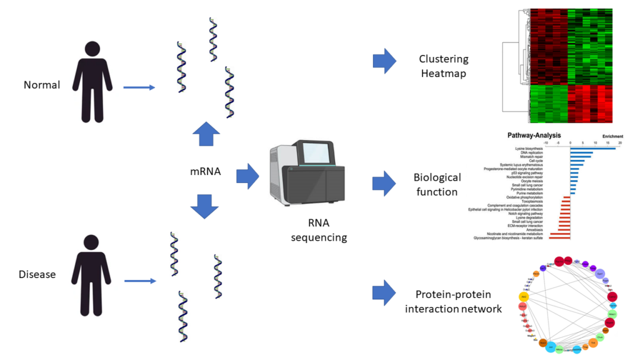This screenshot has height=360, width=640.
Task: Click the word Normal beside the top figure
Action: [42, 84]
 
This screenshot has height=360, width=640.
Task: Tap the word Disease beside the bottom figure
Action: [37, 274]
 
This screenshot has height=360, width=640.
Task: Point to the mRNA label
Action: [206, 171]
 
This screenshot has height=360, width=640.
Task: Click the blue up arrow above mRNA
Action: [206, 134]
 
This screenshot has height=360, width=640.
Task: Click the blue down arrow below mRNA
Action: [206, 206]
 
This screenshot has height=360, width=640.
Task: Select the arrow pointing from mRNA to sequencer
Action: [248, 176]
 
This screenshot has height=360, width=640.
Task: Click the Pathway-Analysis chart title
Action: [534, 135]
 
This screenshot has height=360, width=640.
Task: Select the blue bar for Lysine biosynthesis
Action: [592, 148]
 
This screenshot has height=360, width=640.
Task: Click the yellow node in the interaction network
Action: [524, 297]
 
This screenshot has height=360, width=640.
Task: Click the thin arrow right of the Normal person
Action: [139, 87]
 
